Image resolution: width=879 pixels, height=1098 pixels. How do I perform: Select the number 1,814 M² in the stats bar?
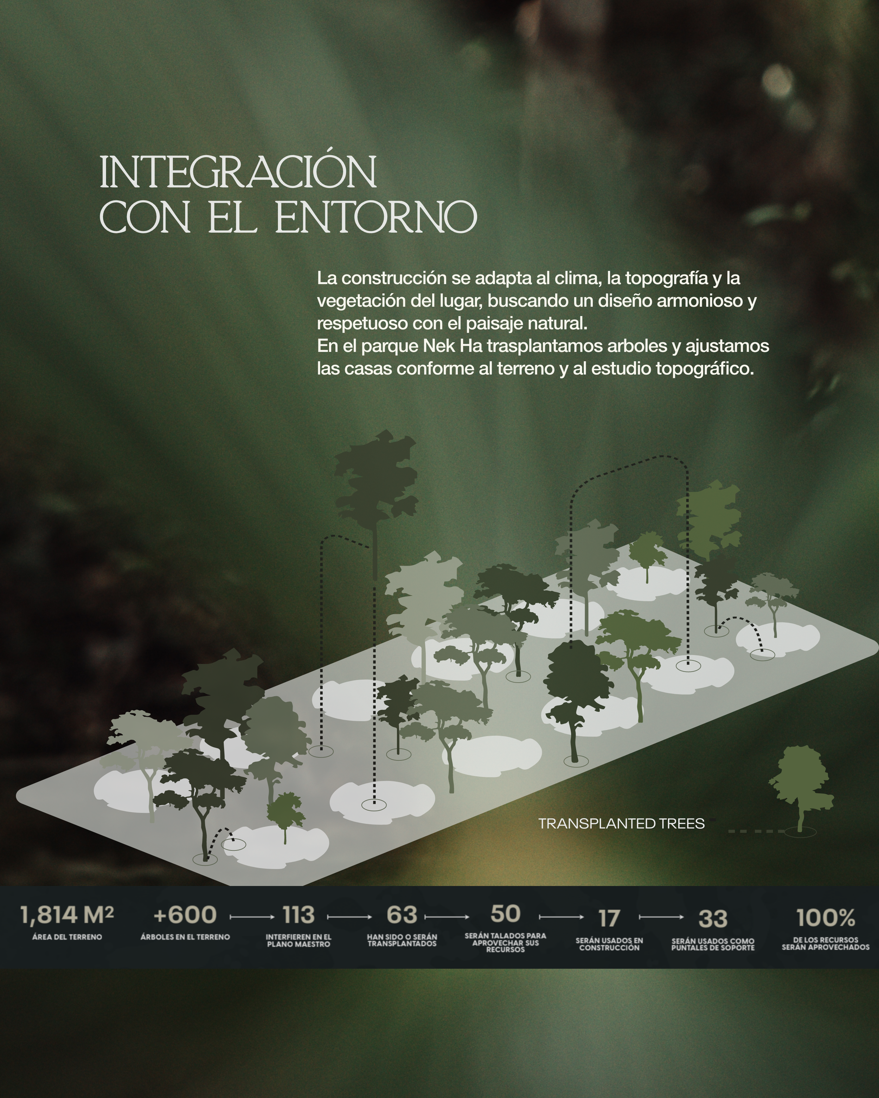click(x=67, y=915)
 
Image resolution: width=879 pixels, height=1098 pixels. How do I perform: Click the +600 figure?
click(x=185, y=915)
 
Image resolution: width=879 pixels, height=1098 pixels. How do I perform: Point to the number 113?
click(x=299, y=915)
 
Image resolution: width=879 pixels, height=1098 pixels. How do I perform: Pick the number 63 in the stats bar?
click(x=402, y=915)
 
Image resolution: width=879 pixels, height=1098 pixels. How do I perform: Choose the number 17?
click(x=609, y=919)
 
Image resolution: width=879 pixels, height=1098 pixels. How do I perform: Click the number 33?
click(x=713, y=919)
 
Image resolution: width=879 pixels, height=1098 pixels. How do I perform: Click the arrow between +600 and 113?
click(x=252, y=917)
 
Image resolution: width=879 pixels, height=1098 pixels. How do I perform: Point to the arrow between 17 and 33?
click(x=661, y=917)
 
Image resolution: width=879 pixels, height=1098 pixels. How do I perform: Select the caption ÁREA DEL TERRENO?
click(x=67, y=937)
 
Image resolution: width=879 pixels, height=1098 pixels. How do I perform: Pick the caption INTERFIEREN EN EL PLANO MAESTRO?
click(x=299, y=941)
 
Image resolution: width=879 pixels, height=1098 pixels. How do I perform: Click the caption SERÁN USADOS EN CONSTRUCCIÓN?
click(x=609, y=944)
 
